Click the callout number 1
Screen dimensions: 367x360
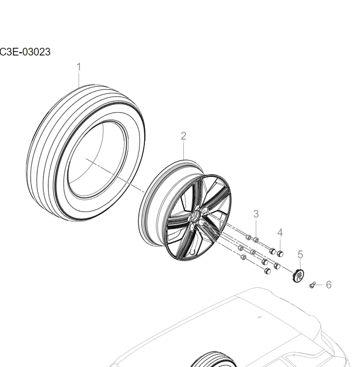tap(78, 66)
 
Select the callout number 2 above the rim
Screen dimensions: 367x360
tap(184, 136)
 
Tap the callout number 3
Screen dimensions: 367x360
tap(256, 213)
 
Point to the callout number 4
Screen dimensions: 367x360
tap(280, 232)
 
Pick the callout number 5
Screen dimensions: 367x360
tap(300, 254)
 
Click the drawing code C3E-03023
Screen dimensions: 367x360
tap(25, 52)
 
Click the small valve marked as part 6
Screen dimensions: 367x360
tap(313, 285)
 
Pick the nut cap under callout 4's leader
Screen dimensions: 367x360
tap(280, 253)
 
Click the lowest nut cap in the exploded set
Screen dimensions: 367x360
tap(267, 271)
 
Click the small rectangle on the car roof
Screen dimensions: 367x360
tap(260, 316)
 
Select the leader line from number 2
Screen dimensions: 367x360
tap(184, 151)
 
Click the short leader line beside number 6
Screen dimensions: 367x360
tap(320, 285)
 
